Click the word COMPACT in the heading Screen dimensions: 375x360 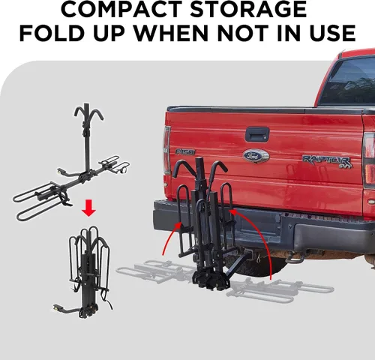pos(121,9)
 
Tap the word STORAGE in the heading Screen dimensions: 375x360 pos(248,9)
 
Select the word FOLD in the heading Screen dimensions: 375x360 pos(51,33)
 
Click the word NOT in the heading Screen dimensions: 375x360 pos(244,33)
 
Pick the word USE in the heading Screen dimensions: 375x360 pos(332,33)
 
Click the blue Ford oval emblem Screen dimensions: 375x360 pos(256,156)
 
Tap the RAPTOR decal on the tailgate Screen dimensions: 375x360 pos(328,161)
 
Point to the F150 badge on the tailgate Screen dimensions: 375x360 pos(185,151)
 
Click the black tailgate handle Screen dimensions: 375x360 pos(257,134)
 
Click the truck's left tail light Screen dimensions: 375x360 pos(166,150)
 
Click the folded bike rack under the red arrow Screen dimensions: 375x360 pos(88,272)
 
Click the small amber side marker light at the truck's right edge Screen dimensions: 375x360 pos(371,202)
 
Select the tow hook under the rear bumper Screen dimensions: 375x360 pos(295,259)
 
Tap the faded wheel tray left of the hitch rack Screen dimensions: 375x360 pos(155,272)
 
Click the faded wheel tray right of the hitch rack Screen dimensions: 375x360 pos(280,290)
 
